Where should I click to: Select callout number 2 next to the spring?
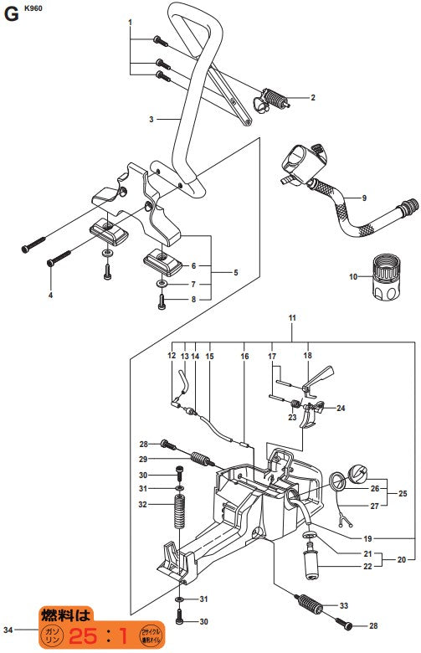point(312,98)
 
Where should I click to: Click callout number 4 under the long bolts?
point(50,296)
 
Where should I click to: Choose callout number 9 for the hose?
point(364,198)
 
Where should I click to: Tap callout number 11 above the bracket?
point(293,319)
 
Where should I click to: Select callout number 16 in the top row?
point(244,357)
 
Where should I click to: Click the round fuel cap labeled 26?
point(356,475)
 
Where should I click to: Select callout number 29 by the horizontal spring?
point(143,460)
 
